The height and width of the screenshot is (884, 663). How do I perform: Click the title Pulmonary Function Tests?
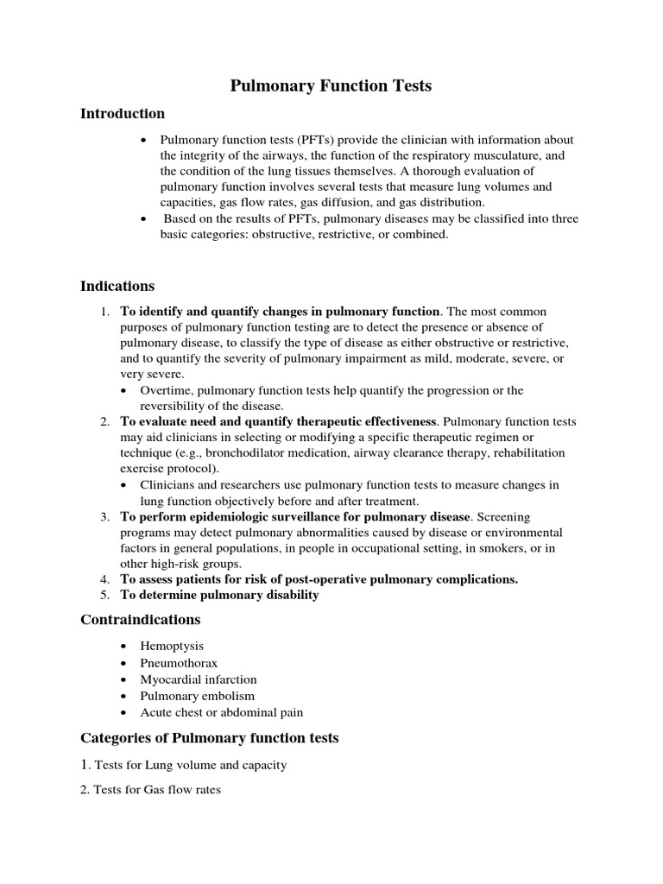coord(331,85)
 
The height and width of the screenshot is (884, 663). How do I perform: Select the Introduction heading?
coord(123,114)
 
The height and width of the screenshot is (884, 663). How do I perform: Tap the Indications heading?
coord(117,286)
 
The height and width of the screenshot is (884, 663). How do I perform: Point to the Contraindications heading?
coord(141,620)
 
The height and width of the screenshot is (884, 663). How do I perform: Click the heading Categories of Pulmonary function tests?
coord(210,738)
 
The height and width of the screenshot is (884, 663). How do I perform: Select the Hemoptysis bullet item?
coord(173,647)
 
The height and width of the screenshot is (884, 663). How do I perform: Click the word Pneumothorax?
coord(179,663)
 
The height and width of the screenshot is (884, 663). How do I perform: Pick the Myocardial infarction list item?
coord(199,679)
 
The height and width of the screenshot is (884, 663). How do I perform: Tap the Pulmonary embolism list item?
coord(198,696)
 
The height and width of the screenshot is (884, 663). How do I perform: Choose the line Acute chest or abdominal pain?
coord(222,713)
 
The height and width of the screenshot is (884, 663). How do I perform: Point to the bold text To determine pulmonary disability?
coord(219,596)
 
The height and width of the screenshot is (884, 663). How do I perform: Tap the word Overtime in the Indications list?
coord(167,391)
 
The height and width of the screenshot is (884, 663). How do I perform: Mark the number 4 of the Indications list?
coord(104,579)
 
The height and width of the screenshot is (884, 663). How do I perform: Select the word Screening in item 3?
coord(508,517)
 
